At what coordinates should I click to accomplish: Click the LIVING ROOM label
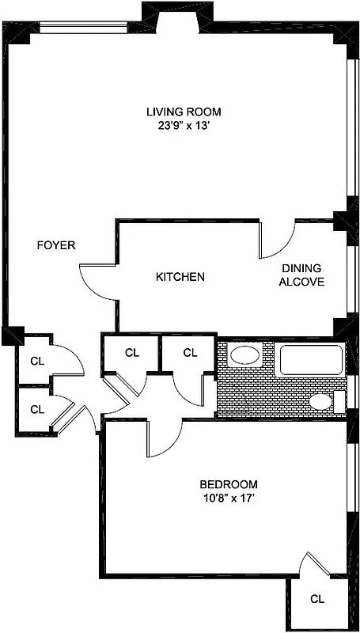[183, 111]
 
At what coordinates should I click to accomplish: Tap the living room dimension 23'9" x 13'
[183, 125]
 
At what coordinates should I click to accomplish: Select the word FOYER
[56, 245]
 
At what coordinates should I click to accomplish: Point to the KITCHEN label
[180, 277]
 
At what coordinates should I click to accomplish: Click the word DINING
[301, 268]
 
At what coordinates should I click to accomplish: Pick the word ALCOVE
[301, 282]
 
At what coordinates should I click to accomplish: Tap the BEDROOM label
[228, 484]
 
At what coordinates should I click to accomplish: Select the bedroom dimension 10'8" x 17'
[228, 498]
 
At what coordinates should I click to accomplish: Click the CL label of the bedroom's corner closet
[317, 599]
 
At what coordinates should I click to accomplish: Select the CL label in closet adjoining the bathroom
[190, 353]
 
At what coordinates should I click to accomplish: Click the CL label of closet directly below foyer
[36, 361]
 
